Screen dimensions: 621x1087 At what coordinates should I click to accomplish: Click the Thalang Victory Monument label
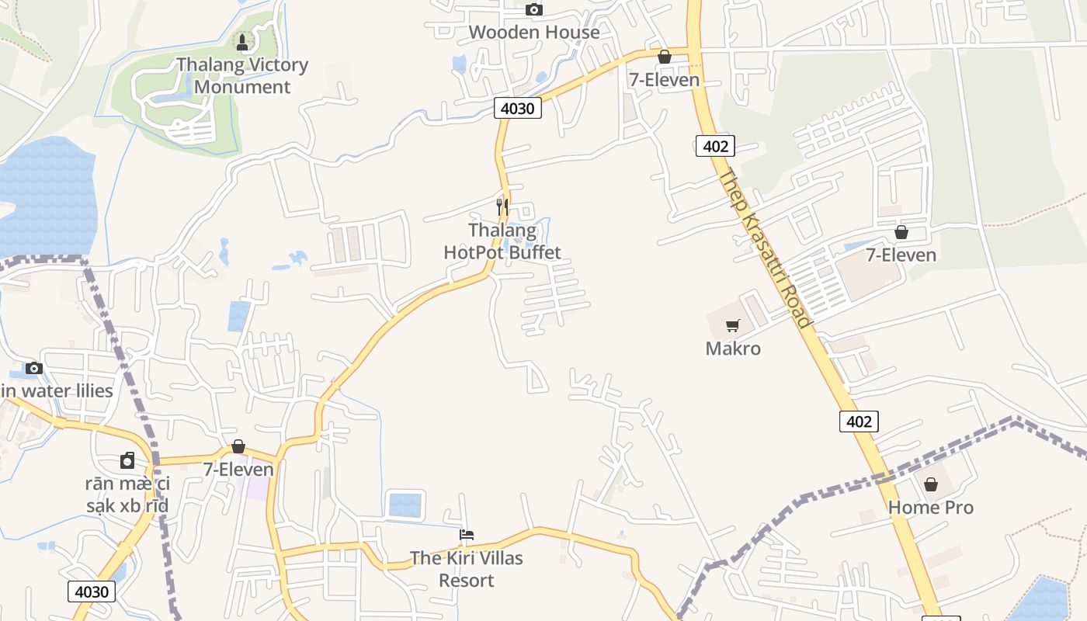tap(242, 75)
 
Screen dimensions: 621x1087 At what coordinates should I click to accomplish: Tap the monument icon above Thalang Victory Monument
tap(242, 43)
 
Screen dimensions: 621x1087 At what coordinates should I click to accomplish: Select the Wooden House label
tap(534, 32)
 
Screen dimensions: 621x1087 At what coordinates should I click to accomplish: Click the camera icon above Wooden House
tap(533, 10)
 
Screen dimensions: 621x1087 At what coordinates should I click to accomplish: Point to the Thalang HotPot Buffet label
tap(502, 241)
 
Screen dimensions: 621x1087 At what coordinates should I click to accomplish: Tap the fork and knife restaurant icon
tap(502, 207)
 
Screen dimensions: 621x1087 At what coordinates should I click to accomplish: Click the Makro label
tap(733, 349)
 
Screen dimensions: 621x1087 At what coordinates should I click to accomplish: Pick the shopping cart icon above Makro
tap(733, 326)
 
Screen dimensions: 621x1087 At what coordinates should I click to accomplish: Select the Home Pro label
tap(930, 508)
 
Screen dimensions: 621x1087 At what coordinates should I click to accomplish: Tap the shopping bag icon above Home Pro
tap(930, 485)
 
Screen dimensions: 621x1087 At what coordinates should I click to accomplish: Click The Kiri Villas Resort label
tap(467, 569)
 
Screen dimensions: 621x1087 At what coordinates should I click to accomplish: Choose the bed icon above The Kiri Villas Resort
tap(467, 535)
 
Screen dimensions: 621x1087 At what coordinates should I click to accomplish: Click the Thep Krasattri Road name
tap(764, 248)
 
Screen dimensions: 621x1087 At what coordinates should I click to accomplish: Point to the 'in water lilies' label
tap(57, 390)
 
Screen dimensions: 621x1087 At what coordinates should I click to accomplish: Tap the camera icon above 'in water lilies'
tap(33, 369)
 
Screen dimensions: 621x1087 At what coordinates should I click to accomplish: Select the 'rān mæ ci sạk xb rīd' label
tap(128, 495)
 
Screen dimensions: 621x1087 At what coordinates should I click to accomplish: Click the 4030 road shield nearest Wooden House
tap(518, 108)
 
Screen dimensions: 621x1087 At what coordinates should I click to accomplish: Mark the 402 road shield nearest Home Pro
tap(859, 422)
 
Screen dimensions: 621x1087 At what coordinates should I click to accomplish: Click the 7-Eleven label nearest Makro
tap(901, 255)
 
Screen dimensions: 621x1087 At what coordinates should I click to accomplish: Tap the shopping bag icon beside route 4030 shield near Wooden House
tap(664, 57)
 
